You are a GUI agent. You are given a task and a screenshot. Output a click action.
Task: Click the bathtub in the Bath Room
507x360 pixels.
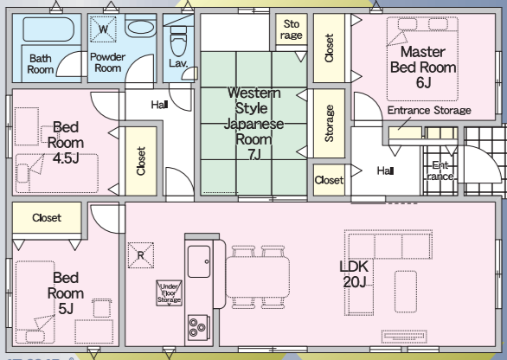click(48, 29)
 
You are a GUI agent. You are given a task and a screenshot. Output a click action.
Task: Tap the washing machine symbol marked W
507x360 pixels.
click(103, 29)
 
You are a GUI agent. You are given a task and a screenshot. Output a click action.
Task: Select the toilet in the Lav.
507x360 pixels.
click(178, 42)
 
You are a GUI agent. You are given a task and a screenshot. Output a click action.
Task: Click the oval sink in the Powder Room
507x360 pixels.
click(141, 27)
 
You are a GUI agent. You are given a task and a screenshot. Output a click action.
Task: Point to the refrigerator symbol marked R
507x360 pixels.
click(141, 255)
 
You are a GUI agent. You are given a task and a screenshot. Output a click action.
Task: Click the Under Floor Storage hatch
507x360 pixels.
click(169, 293)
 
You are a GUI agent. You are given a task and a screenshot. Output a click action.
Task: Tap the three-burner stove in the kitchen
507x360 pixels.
click(198, 327)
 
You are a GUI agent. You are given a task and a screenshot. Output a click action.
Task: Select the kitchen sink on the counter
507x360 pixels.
click(199, 261)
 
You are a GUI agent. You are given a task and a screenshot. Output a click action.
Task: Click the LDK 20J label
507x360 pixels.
click(355, 274)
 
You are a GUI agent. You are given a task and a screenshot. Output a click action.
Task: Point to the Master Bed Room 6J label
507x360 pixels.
click(423, 67)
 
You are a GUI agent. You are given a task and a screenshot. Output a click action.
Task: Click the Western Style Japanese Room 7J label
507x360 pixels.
click(253, 124)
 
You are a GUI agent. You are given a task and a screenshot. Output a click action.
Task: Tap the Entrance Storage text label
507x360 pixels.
click(429, 110)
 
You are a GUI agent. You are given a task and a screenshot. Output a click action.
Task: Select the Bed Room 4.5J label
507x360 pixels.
click(66, 143)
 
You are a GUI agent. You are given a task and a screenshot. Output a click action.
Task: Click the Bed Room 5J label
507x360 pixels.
click(66, 293)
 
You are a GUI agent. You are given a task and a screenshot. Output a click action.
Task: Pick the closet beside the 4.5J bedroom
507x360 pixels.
click(141, 161)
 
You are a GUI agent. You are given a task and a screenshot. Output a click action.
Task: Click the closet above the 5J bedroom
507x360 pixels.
click(47, 218)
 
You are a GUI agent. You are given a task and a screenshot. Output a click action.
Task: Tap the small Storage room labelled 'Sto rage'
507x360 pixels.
click(292, 29)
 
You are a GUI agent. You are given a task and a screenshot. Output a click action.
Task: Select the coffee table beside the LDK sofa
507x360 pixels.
click(406, 292)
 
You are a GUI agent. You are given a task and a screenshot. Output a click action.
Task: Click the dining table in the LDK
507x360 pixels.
click(257, 277)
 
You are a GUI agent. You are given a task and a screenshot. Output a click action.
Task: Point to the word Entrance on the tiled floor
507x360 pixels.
click(440, 170)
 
